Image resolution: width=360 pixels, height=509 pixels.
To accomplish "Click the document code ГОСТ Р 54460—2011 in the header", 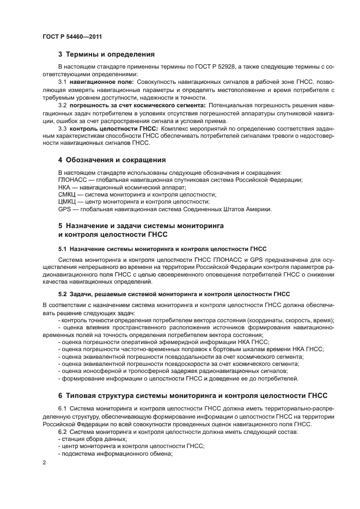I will (x=72, y=36).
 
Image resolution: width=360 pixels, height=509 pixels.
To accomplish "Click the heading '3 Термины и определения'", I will (x=106, y=54).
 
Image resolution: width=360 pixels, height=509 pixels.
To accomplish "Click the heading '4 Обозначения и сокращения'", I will (x=112, y=160).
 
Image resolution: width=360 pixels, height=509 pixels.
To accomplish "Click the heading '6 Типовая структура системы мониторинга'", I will (x=193, y=396).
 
